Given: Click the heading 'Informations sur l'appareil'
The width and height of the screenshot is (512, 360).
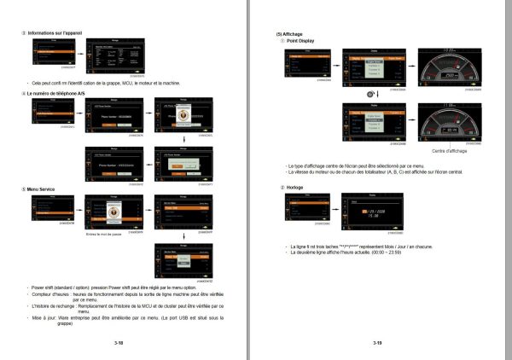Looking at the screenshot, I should click(x=60, y=32).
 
